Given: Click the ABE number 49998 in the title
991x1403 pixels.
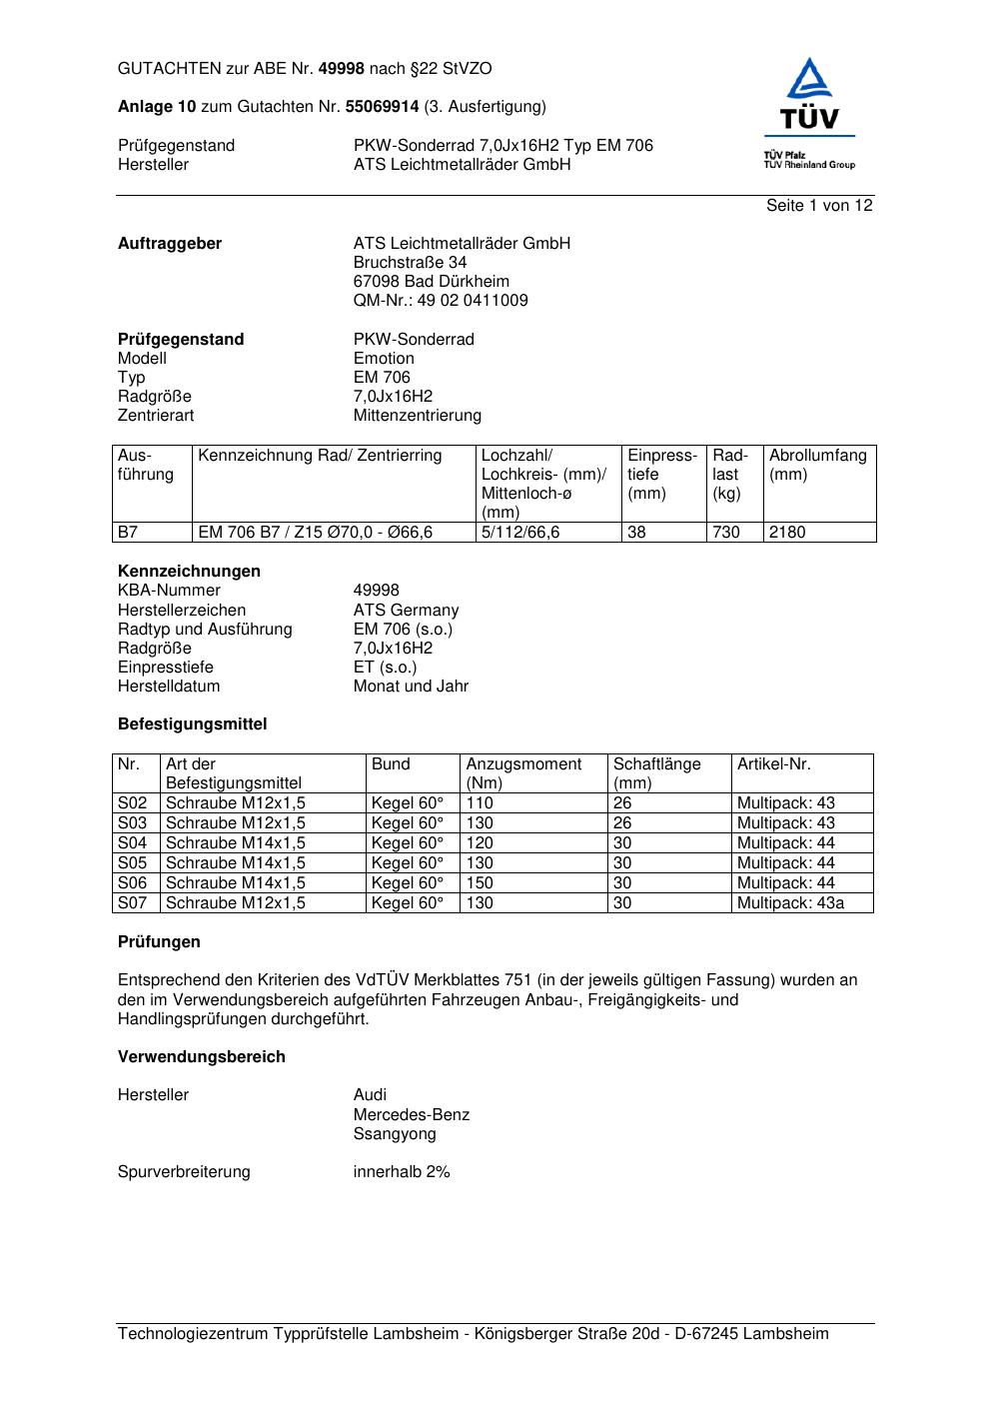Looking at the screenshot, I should (342, 69).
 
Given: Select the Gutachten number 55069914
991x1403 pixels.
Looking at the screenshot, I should (382, 107).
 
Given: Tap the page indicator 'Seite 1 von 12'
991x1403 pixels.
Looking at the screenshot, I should (819, 206).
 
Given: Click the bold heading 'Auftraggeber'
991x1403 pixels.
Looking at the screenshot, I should (170, 244).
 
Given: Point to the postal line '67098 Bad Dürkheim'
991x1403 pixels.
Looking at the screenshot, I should (431, 282).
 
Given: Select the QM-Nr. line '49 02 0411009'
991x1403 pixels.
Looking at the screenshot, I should (441, 301).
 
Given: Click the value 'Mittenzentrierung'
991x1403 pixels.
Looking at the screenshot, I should (417, 416).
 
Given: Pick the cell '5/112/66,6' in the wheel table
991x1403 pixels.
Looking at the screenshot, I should (520, 533).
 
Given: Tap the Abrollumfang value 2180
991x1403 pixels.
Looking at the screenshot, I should (787, 533).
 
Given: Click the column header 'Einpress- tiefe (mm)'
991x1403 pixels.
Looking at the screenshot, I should (661, 475).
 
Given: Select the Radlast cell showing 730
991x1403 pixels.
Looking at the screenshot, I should (726, 533).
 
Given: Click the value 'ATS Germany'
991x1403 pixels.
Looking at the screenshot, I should (406, 611).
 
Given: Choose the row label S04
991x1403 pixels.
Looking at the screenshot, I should (133, 843).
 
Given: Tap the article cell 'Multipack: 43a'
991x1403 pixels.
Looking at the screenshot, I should (790, 903).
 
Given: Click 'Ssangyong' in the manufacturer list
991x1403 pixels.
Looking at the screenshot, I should (395, 1134).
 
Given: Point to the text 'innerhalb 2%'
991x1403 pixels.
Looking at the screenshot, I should (402, 1172).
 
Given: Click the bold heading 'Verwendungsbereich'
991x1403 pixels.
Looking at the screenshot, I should (201, 1057).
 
